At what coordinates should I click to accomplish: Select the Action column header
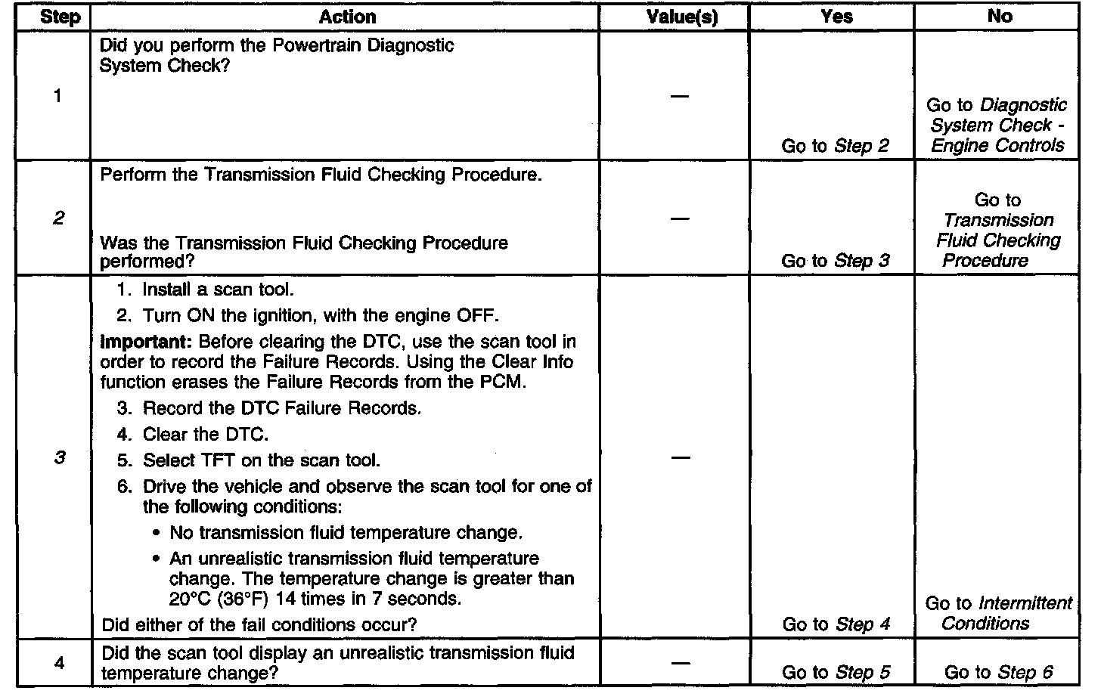(347, 17)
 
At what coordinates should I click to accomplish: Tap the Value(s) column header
(681, 17)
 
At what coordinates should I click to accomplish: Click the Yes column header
(836, 17)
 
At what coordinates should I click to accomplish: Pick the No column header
(1000, 17)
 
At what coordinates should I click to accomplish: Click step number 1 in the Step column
(57, 96)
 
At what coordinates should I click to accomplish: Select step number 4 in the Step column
(59, 663)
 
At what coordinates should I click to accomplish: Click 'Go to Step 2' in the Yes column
(835, 146)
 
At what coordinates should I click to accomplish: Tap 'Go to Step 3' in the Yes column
(835, 261)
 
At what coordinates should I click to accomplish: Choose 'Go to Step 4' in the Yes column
(836, 624)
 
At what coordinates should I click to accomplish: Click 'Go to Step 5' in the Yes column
(836, 673)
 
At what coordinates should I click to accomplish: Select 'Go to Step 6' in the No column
(998, 673)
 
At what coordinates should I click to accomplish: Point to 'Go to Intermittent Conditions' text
(998, 613)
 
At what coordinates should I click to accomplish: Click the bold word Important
(146, 342)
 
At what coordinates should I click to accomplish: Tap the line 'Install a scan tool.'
(218, 290)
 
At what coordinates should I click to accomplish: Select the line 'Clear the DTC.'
(205, 435)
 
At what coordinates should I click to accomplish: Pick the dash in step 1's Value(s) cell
(680, 96)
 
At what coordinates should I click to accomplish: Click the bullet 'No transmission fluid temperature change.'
(345, 533)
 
